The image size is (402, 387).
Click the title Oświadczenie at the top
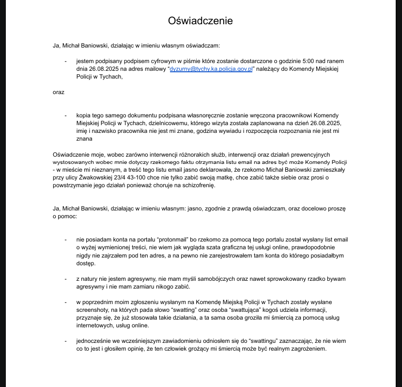click(201, 21)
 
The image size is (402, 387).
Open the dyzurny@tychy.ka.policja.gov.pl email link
click(211, 69)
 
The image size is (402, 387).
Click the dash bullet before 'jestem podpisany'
click(65, 61)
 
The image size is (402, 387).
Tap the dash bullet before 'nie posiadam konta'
click(65, 240)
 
